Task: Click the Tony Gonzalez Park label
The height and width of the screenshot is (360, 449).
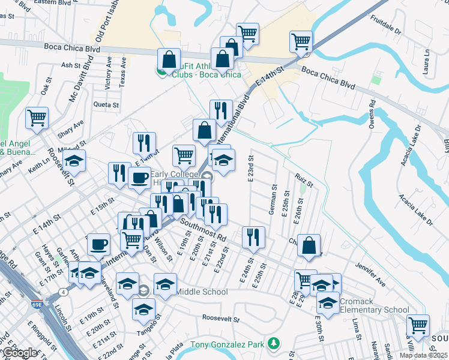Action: tap(228, 344)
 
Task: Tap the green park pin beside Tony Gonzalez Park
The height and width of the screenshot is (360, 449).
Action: tap(274, 344)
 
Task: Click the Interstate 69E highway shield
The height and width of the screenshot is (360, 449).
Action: tap(37, 306)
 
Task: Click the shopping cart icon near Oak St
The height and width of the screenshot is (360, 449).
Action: tap(37, 118)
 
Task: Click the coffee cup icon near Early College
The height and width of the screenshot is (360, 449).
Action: tap(140, 178)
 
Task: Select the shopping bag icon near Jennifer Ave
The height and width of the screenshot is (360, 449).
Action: tap(309, 245)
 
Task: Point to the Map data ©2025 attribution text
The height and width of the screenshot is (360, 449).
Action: tap(424, 355)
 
